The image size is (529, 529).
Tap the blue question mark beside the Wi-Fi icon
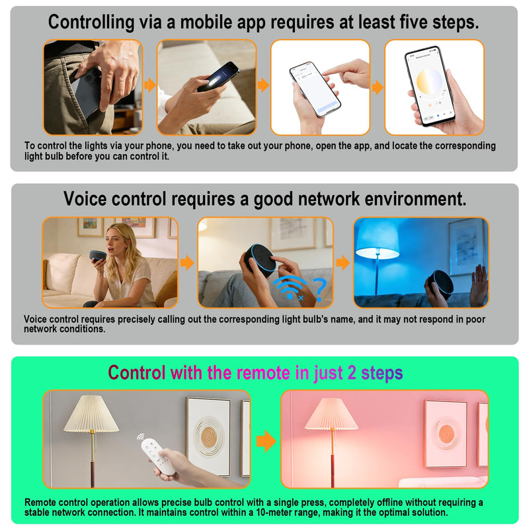click(319, 290)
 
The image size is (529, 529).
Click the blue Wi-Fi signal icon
click(289, 288)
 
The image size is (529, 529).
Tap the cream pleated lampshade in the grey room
click(91, 414)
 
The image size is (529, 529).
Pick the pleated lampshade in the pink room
click(331, 414)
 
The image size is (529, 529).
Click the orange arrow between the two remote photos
click(266, 440)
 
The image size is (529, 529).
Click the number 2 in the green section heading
click(352, 373)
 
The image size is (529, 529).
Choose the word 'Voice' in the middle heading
click(87, 199)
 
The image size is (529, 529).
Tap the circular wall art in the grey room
click(209, 437)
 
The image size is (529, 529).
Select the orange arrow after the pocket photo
click(150, 85)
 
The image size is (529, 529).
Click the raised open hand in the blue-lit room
click(479, 280)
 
